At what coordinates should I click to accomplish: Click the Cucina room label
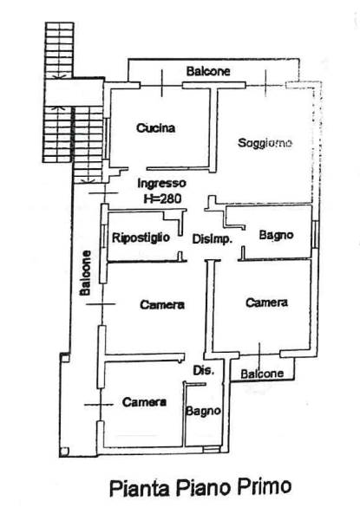pos(155,127)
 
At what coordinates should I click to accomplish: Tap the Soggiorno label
pos(265,143)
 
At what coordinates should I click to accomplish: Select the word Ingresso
pos(162,184)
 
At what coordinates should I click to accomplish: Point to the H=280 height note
pos(162,198)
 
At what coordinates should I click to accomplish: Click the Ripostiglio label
pos(141,237)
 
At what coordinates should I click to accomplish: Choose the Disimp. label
pos(212,239)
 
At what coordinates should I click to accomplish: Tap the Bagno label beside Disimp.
pos(276,235)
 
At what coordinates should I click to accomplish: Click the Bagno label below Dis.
pos(203,411)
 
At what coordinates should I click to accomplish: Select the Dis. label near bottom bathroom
pos(204,370)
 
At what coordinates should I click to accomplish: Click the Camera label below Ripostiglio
pos(162,305)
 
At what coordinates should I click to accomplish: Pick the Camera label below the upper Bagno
pos(267,303)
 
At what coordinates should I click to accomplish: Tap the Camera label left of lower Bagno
pos(144,402)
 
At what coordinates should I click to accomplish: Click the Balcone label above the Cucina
pos(208,71)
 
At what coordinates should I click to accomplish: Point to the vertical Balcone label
pos(85,273)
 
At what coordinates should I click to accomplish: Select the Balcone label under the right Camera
pos(262,374)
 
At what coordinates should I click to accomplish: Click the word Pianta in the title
pos(140,488)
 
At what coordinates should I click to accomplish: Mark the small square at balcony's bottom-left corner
pos(64,452)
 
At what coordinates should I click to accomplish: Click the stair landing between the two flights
pos(74,92)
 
